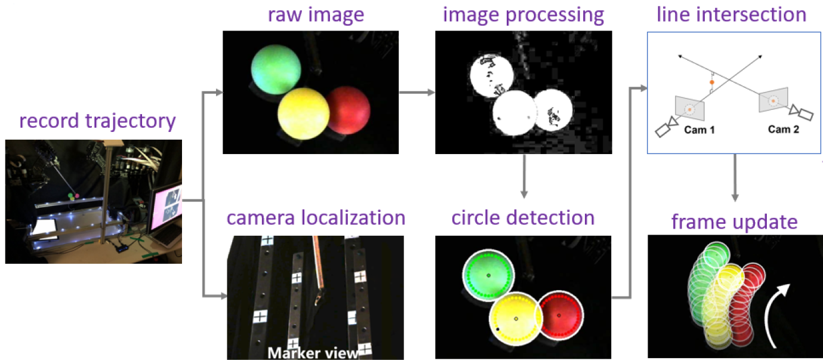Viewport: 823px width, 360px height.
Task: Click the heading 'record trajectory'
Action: click(x=97, y=121)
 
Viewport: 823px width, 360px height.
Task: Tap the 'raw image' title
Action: click(x=316, y=16)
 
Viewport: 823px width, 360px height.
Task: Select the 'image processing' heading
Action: click(x=523, y=16)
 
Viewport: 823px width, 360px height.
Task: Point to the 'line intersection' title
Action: click(x=731, y=15)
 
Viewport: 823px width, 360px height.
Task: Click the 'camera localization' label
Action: click(x=316, y=218)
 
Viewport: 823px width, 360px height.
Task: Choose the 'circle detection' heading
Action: click(x=523, y=218)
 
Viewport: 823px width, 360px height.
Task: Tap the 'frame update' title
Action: click(x=735, y=222)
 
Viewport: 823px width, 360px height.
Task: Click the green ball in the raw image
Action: click(x=276, y=69)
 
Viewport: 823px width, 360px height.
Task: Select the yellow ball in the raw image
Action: click(x=304, y=114)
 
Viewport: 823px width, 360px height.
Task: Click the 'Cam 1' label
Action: click(x=699, y=130)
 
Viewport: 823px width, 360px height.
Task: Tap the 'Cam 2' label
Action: click(x=784, y=129)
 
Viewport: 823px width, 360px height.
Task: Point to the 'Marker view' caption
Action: click(x=313, y=353)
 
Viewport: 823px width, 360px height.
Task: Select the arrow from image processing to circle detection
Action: click(x=524, y=177)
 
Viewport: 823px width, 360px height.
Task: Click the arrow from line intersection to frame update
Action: click(x=735, y=177)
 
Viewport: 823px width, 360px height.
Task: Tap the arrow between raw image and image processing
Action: click(x=417, y=93)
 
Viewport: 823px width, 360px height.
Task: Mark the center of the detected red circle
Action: click(x=559, y=315)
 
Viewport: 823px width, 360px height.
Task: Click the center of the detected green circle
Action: click(x=489, y=275)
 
